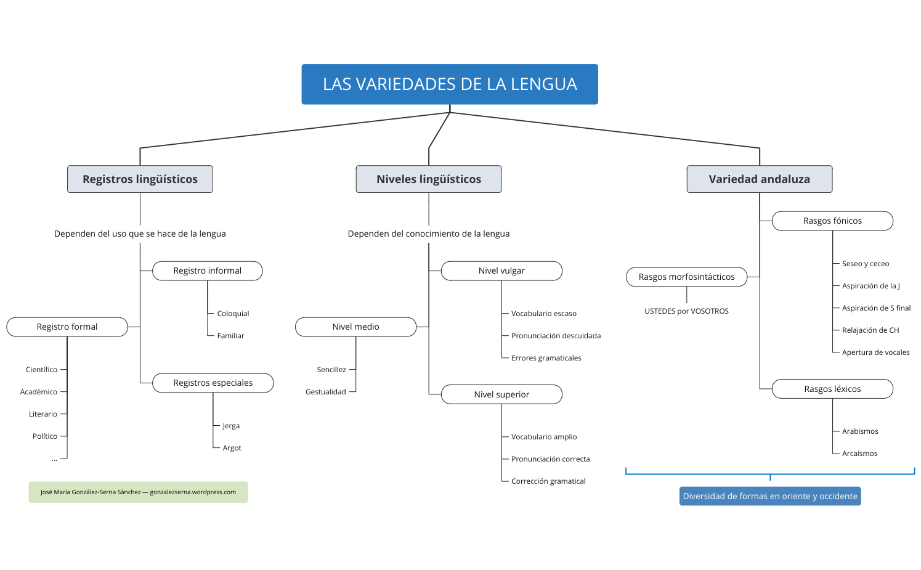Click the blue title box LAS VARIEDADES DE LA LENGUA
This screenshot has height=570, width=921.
[450, 84]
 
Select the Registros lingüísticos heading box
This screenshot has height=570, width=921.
[140, 179]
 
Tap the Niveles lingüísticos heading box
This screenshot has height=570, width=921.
[429, 179]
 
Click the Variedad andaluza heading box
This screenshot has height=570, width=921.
[759, 179]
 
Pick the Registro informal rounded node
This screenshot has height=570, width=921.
[207, 271]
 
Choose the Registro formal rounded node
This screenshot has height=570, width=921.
[67, 327]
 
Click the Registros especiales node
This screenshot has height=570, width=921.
[213, 383]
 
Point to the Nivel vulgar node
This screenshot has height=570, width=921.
[501, 271]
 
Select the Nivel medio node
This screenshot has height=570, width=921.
[355, 327]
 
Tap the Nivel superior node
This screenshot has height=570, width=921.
[501, 394]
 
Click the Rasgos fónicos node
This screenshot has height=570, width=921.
[832, 221]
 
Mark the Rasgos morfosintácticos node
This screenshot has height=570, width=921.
[686, 277]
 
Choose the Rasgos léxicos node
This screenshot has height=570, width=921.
[832, 389]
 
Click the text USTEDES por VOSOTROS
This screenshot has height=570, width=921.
[686, 311]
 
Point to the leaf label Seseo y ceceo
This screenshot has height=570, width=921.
[866, 264]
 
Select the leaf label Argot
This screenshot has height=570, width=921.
[232, 448]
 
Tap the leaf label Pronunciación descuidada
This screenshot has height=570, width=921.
[556, 336]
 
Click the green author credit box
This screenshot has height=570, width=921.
[138, 492]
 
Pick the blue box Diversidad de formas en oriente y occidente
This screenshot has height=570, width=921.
[770, 496]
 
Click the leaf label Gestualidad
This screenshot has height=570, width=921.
[325, 392]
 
